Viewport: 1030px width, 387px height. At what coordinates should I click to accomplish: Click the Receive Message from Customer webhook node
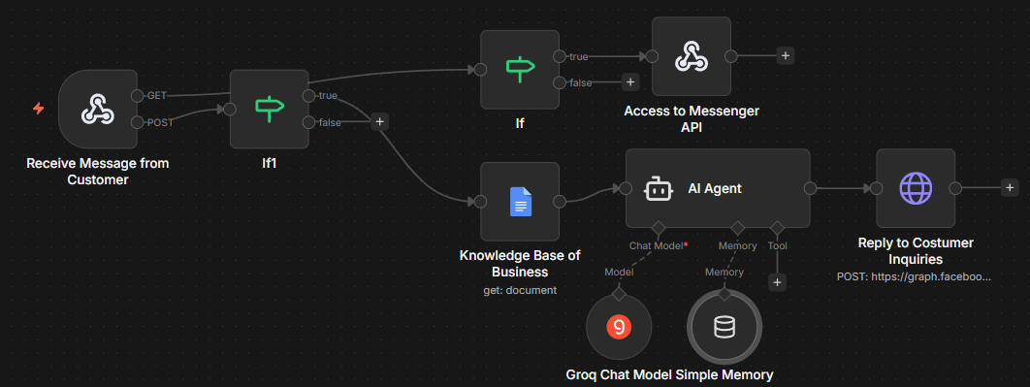tap(96, 109)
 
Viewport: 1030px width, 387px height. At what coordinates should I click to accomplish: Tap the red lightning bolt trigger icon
tap(39, 109)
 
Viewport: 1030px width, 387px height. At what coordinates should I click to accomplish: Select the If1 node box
tap(269, 109)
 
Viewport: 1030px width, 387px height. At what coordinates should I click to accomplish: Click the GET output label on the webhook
tap(157, 95)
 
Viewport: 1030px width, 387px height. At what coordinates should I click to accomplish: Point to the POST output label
tap(159, 122)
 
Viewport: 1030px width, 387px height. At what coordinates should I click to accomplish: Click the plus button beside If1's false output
tap(380, 122)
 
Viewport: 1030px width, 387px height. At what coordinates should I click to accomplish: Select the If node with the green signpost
tap(520, 69)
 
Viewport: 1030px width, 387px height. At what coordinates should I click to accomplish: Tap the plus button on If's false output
tap(630, 82)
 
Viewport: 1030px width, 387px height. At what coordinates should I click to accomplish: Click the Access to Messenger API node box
tap(691, 56)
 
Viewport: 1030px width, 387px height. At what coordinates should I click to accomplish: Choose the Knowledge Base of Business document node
tap(520, 202)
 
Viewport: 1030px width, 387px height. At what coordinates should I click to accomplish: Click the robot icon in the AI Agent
tap(659, 189)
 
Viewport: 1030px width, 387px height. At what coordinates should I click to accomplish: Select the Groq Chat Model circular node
tap(619, 328)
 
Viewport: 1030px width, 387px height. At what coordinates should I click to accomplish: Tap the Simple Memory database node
tap(724, 328)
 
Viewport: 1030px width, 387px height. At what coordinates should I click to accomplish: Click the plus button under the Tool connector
tap(777, 282)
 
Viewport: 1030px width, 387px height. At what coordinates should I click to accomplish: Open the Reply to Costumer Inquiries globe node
tap(915, 188)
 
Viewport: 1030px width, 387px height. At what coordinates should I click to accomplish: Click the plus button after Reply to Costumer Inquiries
tap(1010, 187)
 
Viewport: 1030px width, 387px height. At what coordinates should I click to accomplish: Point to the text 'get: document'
tap(519, 290)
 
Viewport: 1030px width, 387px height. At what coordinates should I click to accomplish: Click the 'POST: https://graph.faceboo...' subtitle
tap(915, 276)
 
